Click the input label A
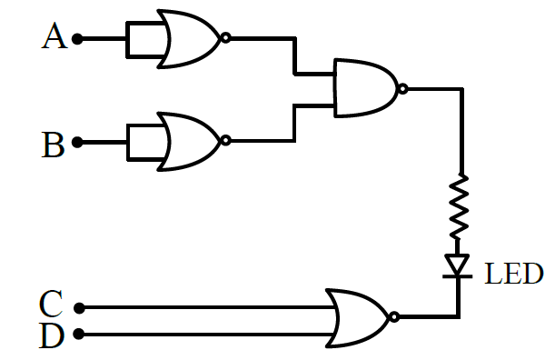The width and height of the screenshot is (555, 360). click(55, 35)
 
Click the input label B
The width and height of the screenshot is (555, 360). click(53, 145)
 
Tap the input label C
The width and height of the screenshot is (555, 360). click(51, 304)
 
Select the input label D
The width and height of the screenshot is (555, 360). click(52, 335)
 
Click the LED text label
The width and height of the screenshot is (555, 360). click(513, 274)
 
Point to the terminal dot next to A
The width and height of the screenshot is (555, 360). click(77, 38)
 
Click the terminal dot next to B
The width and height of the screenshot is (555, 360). click(77, 142)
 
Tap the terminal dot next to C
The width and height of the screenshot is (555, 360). click(79, 308)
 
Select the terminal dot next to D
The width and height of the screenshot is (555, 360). click(79, 334)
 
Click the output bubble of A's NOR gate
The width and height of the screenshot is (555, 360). click(225, 38)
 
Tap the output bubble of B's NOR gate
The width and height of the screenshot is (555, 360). click(225, 141)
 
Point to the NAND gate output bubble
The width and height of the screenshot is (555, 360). click(402, 89)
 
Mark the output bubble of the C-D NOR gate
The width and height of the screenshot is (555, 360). click(394, 316)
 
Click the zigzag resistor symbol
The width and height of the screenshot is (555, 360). click(459, 206)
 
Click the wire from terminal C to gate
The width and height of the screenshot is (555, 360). click(209, 307)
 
